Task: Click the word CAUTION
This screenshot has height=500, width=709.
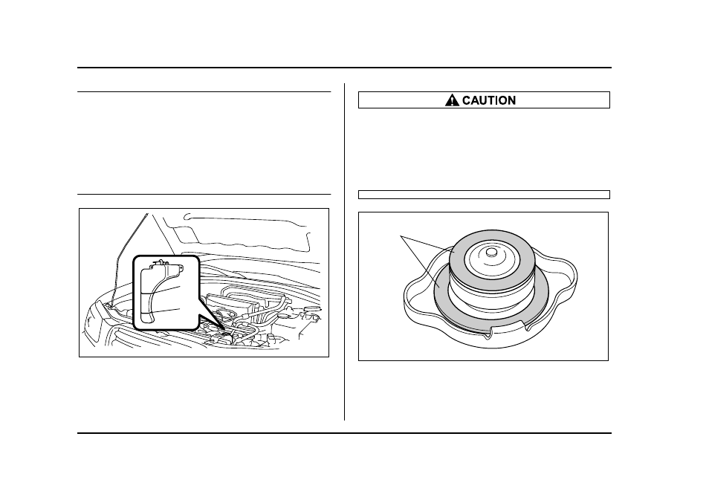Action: point(489,100)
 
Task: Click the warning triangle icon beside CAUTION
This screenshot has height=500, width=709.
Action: point(452,100)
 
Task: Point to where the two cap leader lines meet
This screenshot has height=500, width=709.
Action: point(401,236)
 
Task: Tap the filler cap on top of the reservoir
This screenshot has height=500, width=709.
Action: point(159,262)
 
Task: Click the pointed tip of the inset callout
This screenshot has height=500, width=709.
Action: point(224,328)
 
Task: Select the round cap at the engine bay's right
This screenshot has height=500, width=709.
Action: point(311,309)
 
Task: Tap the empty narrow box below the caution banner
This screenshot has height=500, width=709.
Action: point(484,195)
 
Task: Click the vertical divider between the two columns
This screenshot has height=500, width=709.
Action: point(345,252)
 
